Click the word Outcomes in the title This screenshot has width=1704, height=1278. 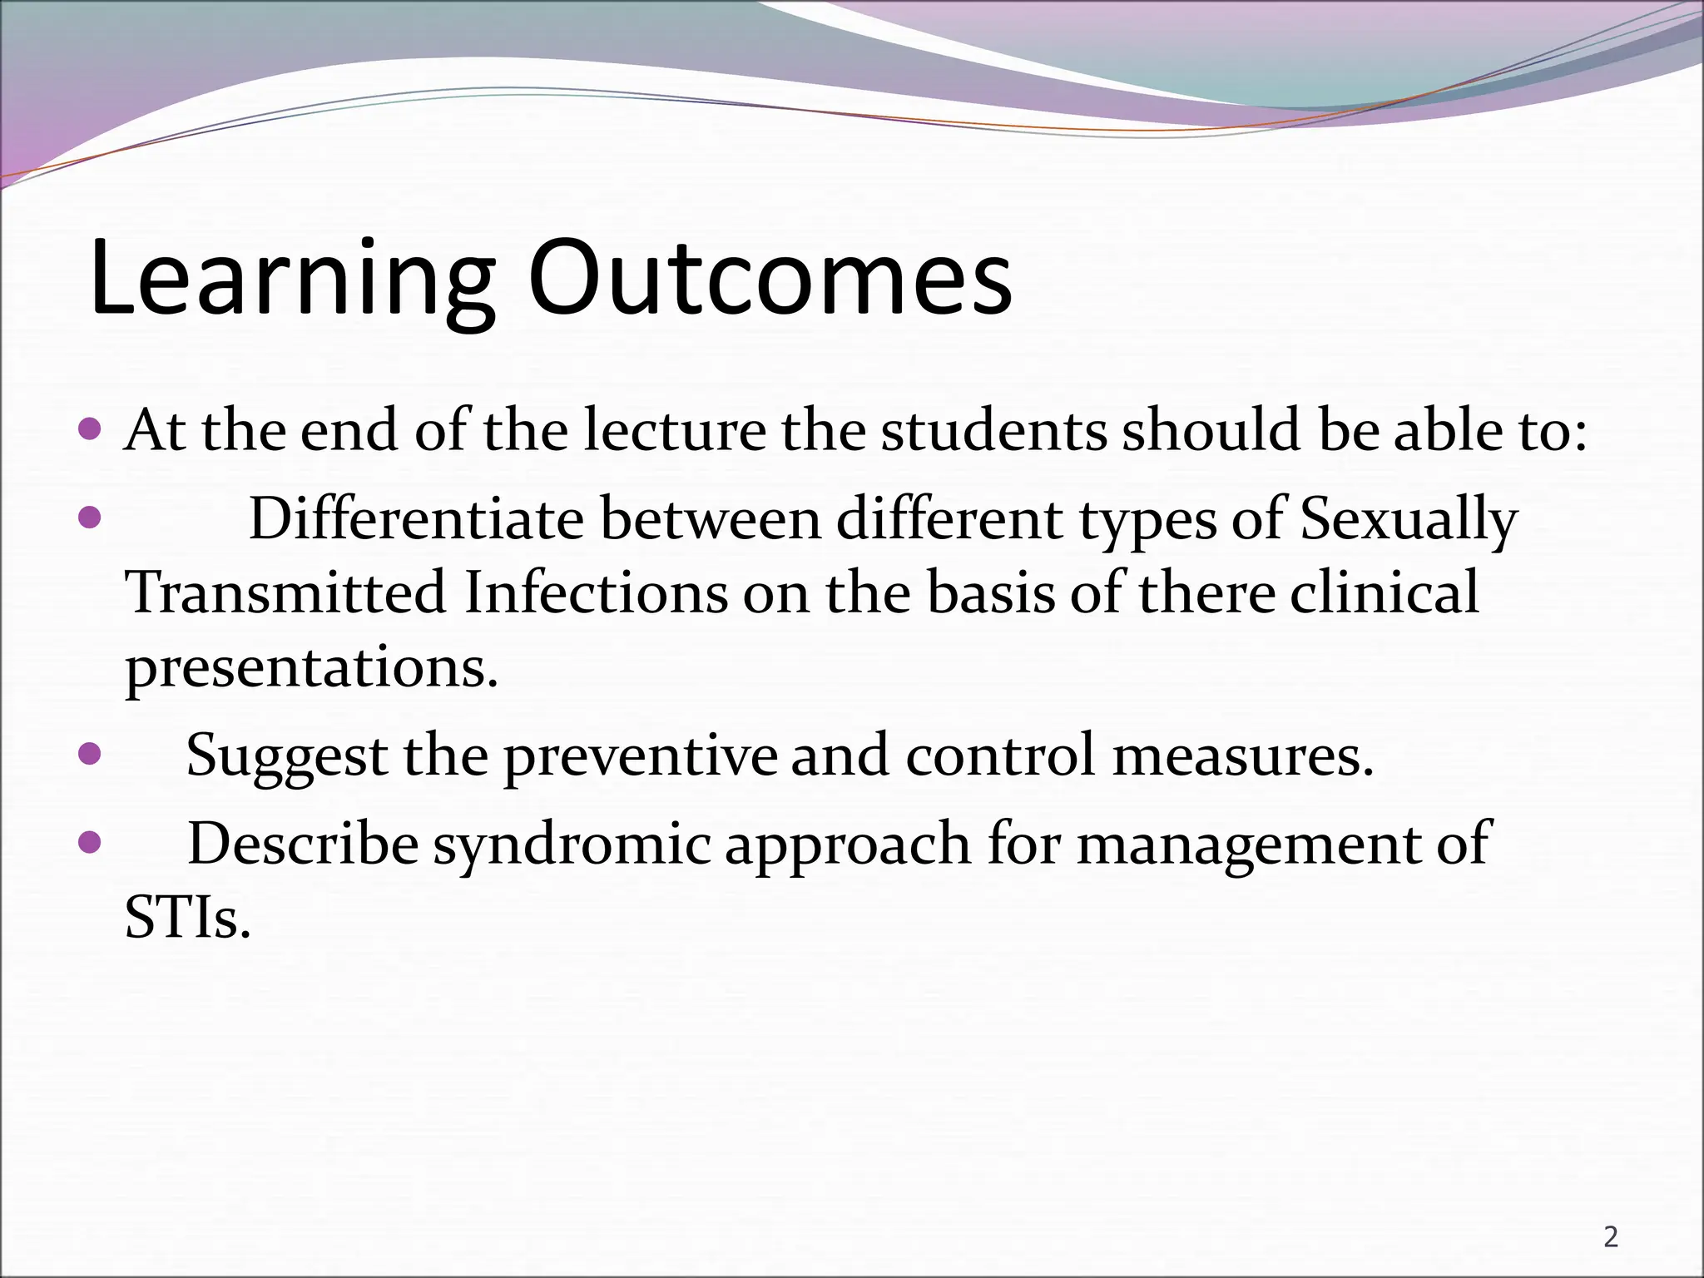pos(770,279)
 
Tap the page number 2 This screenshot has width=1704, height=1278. pos(1611,1238)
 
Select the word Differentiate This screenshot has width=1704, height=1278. pos(416,519)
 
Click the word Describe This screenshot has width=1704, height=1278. pos(303,844)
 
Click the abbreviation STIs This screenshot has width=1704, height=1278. pos(187,919)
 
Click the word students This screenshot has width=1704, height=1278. pos(994,431)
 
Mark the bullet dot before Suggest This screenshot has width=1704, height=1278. pos(89,755)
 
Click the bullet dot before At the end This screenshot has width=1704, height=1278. pos(89,430)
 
